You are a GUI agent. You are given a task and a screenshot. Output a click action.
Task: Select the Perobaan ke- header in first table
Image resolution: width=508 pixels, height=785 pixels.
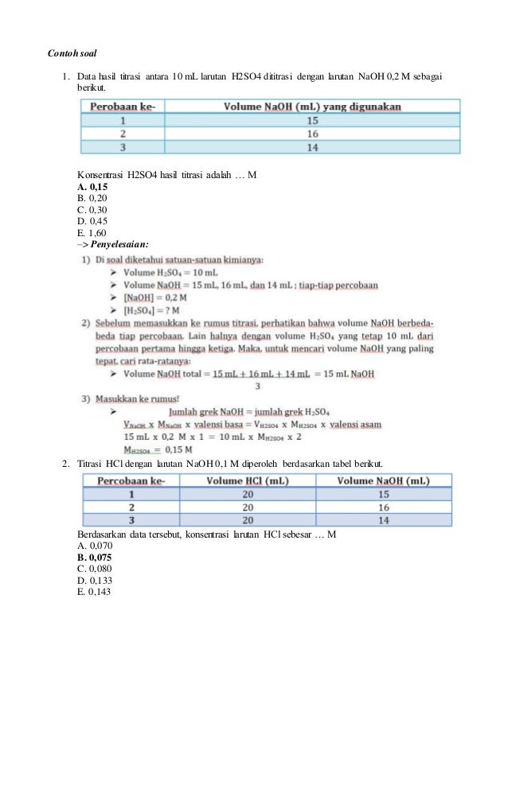point(122,106)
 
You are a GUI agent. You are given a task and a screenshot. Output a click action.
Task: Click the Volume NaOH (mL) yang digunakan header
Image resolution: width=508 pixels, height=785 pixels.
point(312,106)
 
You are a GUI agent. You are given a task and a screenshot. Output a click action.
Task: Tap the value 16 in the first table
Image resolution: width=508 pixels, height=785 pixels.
point(312,134)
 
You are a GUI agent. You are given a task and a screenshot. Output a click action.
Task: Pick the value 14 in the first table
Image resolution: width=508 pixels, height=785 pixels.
point(312,147)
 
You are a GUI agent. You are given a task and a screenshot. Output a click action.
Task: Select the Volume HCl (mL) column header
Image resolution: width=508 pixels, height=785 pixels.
point(247,480)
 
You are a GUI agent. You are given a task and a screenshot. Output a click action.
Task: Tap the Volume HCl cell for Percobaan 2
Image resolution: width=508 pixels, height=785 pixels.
point(247,507)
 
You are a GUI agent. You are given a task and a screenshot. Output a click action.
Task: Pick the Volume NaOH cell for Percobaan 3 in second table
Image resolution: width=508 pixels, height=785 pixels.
point(383,519)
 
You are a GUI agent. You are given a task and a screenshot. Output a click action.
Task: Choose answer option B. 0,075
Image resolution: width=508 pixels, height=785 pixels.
point(95,558)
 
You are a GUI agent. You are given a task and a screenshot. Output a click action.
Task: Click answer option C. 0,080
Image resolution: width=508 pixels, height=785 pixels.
point(95,569)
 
